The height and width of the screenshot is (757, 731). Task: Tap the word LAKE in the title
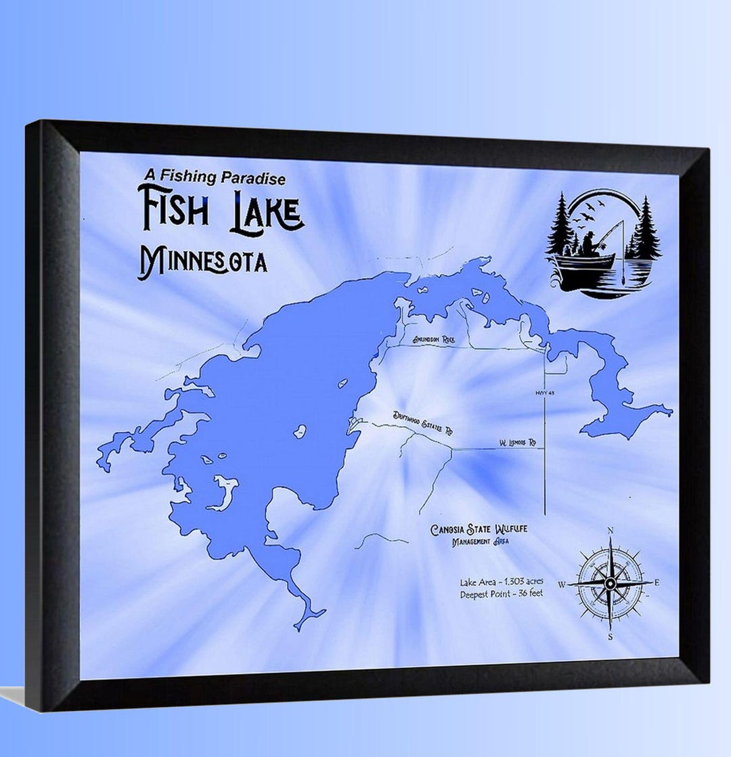click(265, 212)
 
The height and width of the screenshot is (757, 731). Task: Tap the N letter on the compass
click(611, 530)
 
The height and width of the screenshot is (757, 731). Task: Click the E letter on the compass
click(657, 582)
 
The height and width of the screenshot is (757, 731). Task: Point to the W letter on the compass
click(561, 584)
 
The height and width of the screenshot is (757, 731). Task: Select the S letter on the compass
click(610, 636)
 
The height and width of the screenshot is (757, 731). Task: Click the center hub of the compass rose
click(610, 583)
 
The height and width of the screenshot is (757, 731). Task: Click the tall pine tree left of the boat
click(561, 227)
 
